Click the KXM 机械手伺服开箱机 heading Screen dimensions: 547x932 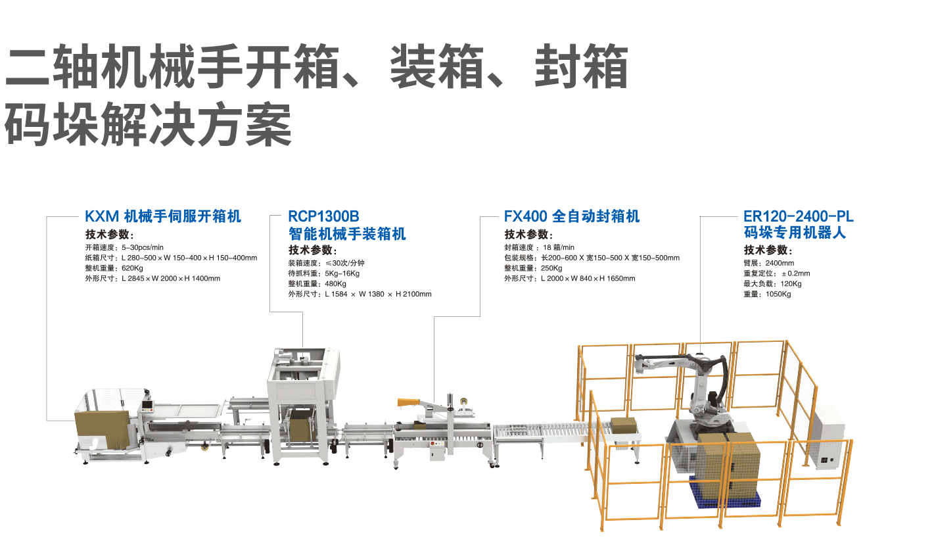(163, 216)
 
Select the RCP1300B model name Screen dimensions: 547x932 (324, 216)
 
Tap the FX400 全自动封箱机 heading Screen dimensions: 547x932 (571, 216)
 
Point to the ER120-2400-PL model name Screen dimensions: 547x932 (799, 216)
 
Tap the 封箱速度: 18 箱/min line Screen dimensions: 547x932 (539, 248)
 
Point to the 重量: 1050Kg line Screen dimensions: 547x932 (767, 295)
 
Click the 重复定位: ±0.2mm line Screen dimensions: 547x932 (776, 273)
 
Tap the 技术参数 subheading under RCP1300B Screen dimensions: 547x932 (312, 250)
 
